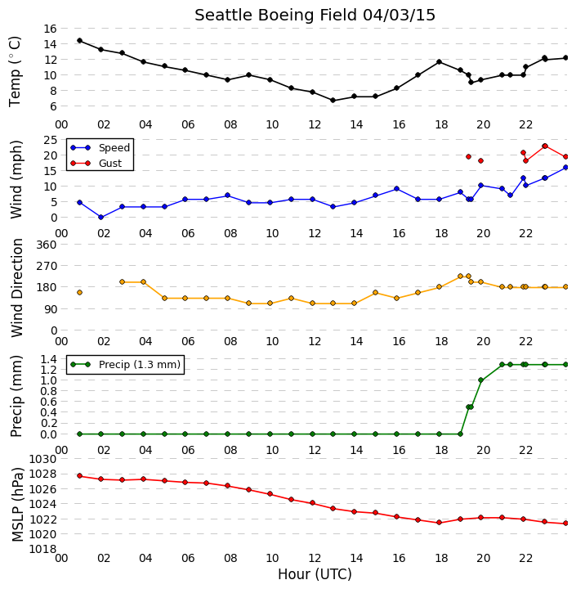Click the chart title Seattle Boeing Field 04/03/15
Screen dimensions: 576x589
click(x=315, y=16)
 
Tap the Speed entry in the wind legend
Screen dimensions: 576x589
click(x=114, y=147)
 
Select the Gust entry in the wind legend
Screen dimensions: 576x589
click(x=110, y=164)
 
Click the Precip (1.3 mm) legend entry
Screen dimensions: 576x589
click(x=140, y=364)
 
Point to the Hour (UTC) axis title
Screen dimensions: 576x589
click(x=315, y=574)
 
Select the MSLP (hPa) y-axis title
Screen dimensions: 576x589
click(x=17, y=505)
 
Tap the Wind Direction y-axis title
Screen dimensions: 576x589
click(x=17, y=288)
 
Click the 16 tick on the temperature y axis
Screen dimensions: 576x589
click(x=50, y=29)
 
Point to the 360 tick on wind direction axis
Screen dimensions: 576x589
click(x=46, y=245)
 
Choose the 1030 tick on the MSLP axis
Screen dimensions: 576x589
click(x=42, y=459)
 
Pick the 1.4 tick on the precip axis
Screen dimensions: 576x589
click(x=48, y=359)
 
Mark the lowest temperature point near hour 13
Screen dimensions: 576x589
click(x=333, y=101)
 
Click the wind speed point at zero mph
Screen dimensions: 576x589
click(x=101, y=217)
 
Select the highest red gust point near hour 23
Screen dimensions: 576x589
click(x=545, y=146)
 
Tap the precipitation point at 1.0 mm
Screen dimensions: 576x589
click(x=480, y=380)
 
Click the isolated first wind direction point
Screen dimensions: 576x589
click(x=79, y=292)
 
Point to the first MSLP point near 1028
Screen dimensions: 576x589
click(x=79, y=476)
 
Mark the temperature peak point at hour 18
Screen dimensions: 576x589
click(x=439, y=61)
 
